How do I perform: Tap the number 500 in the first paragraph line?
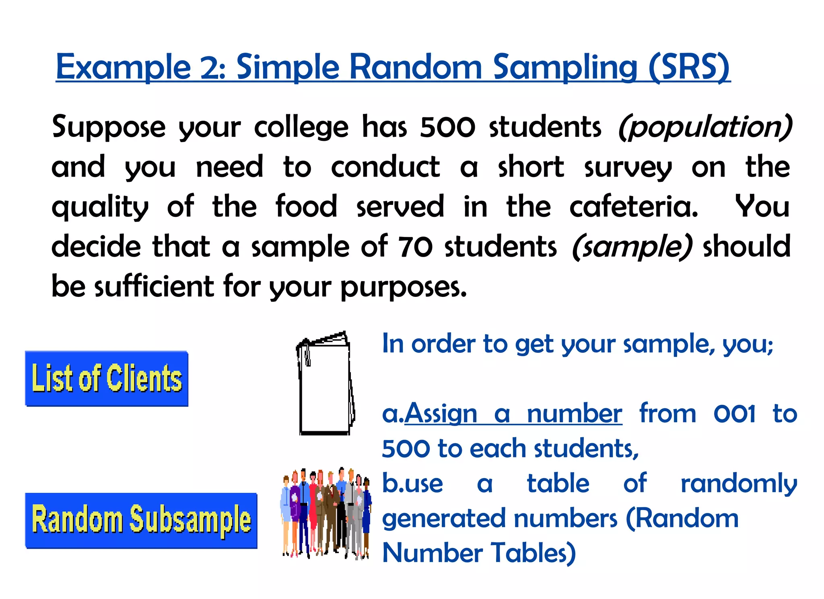pyautogui.click(x=447, y=127)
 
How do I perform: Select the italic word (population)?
pyautogui.click(x=705, y=127)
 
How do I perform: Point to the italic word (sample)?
pyautogui.click(x=632, y=247)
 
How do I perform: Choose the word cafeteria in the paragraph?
pyautogui.click(x=634, y=207)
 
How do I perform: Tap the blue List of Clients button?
pyautogui.click(x=107, y=379)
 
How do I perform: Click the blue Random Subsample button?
pyautogui.click(x=141, y=520)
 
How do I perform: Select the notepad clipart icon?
pyautogui.click(x=325, y=383)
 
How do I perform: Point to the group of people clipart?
pyautogui.click(x=326, y=513)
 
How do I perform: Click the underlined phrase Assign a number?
pyautogui.click(x=513, y=414)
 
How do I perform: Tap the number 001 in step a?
pyautogui.click(x=734, y=414)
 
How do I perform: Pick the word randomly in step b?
pyautogui.click(x=739, y=484)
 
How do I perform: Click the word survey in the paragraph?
pyautogui.click(x=628, y=167)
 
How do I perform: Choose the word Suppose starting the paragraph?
pyautogui.click(x=109, y=127)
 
